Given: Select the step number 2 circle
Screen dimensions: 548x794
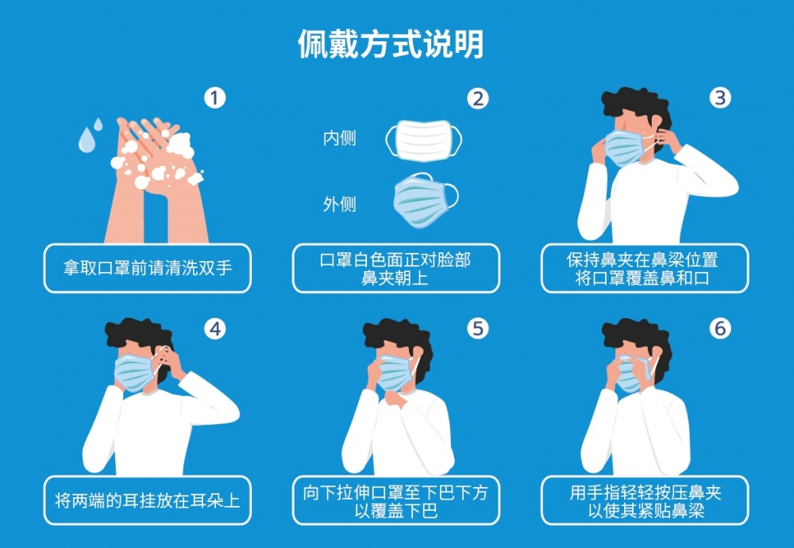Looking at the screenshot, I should click(477, 98).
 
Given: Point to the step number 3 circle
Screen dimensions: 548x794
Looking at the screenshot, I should click(719, 98).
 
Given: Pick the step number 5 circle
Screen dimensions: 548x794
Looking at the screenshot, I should click(477, 328).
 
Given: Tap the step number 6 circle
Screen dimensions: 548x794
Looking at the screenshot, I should click(719, 328).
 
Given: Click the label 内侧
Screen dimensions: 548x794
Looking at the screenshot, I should click(339, 139).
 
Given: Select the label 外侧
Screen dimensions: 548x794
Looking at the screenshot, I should click(339, 205).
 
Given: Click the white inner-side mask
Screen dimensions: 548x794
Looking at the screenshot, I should click(423, 140).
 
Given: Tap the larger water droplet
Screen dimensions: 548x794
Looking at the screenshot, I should click(86, 142).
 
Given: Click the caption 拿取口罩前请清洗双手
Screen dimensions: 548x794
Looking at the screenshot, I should click(148, 268).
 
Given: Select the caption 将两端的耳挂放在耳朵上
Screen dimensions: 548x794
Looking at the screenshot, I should click(148, 500).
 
